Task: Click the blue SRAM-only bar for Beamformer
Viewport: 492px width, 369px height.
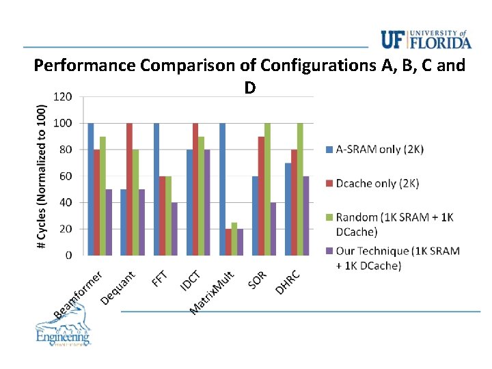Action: tap(91, 189)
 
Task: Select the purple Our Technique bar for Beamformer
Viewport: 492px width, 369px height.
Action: tap(109, 222)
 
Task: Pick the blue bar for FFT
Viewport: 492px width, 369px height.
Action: tap(156, 189)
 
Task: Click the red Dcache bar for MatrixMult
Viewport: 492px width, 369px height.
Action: tap(228, 242)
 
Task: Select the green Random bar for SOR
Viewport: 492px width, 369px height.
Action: tap(267, 189)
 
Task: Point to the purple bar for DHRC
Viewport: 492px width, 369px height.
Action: tap(306, 215)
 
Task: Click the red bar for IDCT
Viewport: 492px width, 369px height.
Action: tap(195, 189)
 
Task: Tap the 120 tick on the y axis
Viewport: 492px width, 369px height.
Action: tap(62, 97)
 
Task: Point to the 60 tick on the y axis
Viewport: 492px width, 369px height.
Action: tap(65, 176)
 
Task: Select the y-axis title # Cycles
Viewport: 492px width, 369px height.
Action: tap(42, 167)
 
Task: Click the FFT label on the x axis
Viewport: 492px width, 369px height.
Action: tap(159, 278)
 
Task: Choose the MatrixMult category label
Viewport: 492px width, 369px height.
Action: tap(213, 292)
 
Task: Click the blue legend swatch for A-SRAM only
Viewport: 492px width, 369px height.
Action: tap(329, 150)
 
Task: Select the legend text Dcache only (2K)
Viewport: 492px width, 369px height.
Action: tap(377, 183)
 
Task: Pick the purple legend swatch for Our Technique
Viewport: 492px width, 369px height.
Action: tap(329, 251)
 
